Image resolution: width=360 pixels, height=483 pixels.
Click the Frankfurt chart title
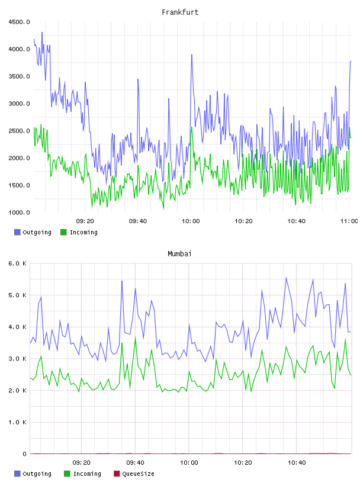pos(180,12)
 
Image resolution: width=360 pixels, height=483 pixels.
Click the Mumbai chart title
pos(179,253)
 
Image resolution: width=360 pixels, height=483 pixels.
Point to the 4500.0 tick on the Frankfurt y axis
pos(19,22)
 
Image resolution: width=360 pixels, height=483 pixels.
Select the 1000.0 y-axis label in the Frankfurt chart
pos(19,212)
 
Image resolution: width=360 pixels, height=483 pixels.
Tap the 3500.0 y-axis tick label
pos(19,76)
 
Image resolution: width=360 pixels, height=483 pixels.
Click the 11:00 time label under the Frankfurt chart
pos(349,221)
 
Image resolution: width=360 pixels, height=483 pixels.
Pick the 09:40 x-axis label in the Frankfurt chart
pos(138,221)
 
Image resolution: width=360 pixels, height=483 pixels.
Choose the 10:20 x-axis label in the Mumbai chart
pos(243,463)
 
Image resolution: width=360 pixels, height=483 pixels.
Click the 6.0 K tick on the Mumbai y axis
pos(18,263)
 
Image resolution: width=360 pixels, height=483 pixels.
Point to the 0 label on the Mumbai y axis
pos(24,454)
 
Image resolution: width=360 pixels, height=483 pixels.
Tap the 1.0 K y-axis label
pos(18,422)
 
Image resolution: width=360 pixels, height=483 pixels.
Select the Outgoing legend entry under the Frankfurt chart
pos(33,232)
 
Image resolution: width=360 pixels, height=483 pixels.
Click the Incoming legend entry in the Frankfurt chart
pos(79,232)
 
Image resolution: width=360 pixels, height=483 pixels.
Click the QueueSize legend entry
pos(134,474)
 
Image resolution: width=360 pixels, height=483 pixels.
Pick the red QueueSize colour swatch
pos(117,474)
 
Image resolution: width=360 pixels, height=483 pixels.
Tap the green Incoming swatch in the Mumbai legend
pos(67,474)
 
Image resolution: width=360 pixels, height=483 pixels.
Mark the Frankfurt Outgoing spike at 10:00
pos(192,55)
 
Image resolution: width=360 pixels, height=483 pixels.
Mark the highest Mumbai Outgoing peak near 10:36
pos(286,278)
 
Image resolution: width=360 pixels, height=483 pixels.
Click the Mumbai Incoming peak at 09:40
pos(136,338)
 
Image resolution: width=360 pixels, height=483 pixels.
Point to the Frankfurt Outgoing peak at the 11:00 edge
pos(351,62)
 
